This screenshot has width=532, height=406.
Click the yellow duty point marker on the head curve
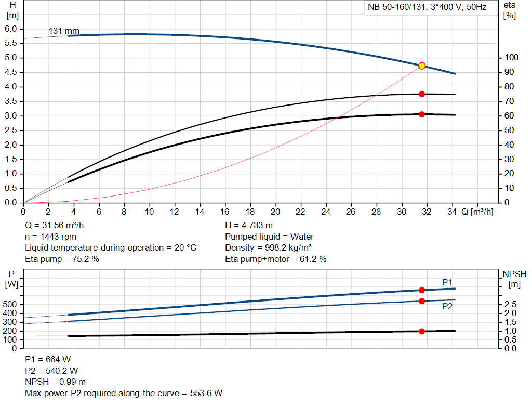(422, 66)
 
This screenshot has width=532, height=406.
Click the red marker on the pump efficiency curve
(422, 94)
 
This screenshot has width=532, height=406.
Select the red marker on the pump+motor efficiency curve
(422, 114)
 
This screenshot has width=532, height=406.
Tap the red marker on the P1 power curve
(421, 290)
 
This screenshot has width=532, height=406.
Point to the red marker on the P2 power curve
(421, 301)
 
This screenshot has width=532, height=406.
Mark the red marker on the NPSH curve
(421, 331)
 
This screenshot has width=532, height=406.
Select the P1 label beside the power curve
(447, 282)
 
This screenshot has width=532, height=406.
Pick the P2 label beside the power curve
(447, 307)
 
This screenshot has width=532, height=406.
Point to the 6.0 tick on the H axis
(11, 29)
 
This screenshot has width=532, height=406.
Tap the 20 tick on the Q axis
(275, 212)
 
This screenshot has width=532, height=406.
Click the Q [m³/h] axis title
(477, 212)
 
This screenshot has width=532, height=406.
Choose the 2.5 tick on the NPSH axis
(510, 304)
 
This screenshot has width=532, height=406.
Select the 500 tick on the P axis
(11, 304)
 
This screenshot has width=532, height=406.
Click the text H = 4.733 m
(249, 226)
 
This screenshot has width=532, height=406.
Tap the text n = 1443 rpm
(51, 237)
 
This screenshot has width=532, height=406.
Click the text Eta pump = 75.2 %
(62, 259)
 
